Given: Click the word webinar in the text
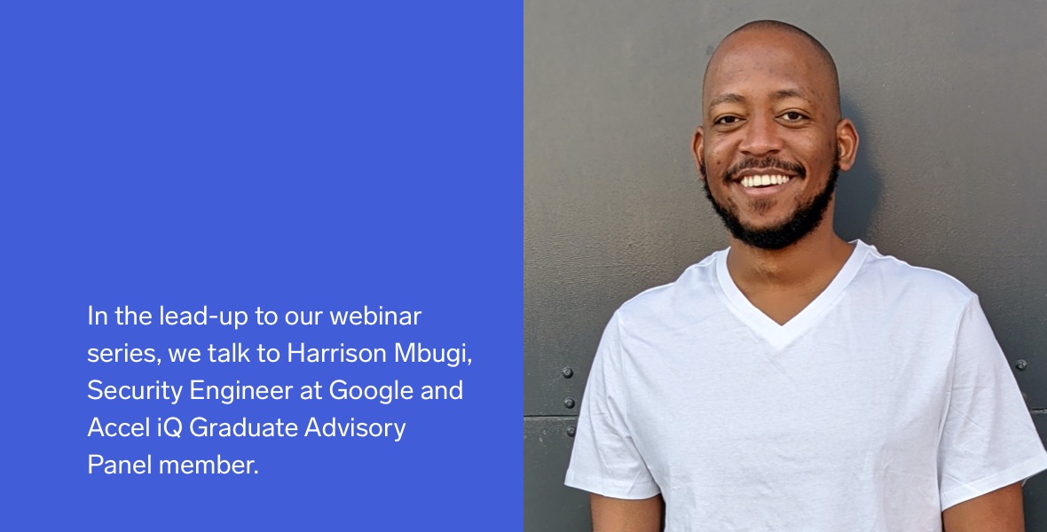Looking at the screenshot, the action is [375, 316].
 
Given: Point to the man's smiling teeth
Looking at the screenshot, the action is [765, 180].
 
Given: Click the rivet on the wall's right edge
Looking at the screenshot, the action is [1021, 364].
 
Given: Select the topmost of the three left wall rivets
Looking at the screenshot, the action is [567, 372].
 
